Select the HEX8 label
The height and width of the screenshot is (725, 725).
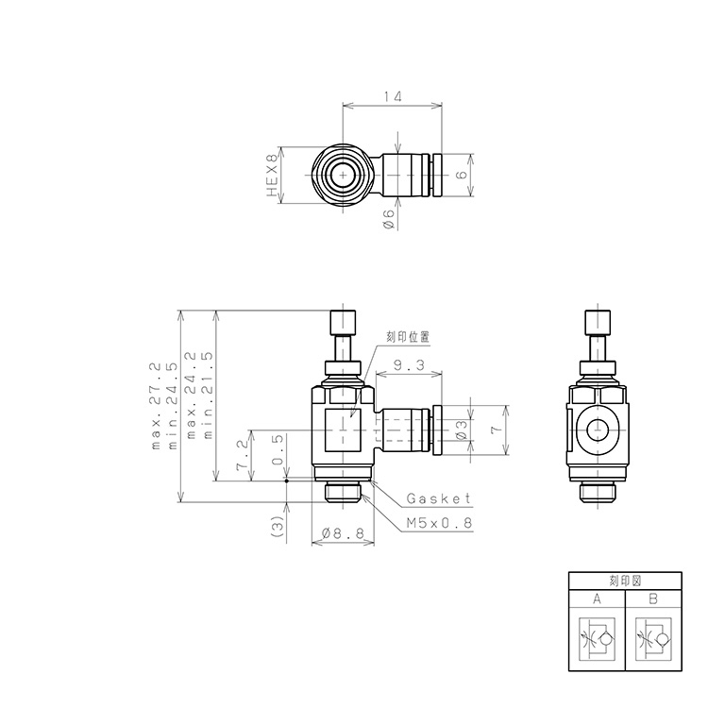click(273, 176)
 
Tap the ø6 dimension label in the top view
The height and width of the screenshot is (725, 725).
click(388, 219)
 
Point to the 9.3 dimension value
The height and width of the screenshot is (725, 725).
click(408, 364)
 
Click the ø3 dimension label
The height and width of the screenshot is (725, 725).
click(460, 430)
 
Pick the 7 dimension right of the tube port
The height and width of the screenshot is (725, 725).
click(494, 430)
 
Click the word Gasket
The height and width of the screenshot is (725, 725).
click(437, 498)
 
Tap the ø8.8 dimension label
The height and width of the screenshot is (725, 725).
click(343, 534)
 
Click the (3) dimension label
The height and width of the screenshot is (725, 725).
click(277, 526)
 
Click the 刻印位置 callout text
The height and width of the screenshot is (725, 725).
click(409, 335)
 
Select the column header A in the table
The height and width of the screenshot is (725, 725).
click(597, 599)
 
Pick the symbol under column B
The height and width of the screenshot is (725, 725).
click(653, 640)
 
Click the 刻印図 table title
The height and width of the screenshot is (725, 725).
click(625, 581)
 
